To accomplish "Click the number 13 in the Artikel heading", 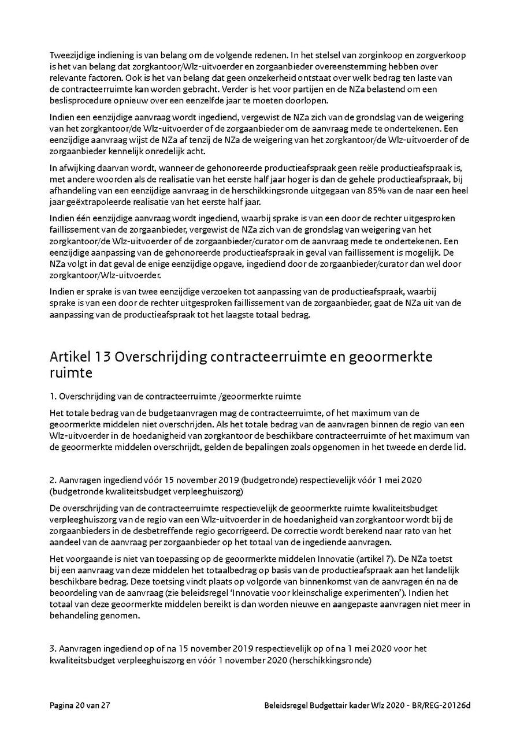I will point(101,357).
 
